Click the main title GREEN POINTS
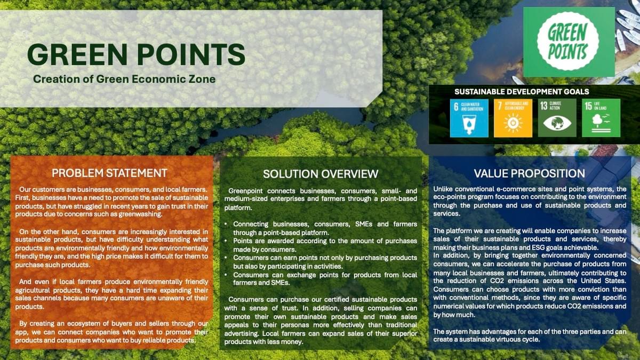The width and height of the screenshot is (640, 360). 137,54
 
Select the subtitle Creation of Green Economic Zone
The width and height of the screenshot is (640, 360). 124,79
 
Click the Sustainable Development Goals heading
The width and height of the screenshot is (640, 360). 522,92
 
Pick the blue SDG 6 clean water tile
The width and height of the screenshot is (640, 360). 469,118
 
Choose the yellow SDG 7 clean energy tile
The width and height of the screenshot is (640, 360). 513,118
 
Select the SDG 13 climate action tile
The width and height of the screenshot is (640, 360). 557,118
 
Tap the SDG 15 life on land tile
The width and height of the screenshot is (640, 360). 601,118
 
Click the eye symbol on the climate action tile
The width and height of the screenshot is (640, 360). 557,123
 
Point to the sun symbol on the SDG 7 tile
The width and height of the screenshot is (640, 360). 513,123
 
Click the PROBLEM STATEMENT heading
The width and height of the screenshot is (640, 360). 109,173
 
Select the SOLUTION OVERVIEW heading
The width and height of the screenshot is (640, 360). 321,174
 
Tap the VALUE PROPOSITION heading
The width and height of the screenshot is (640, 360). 530,173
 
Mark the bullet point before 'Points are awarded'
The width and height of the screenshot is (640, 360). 226,241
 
